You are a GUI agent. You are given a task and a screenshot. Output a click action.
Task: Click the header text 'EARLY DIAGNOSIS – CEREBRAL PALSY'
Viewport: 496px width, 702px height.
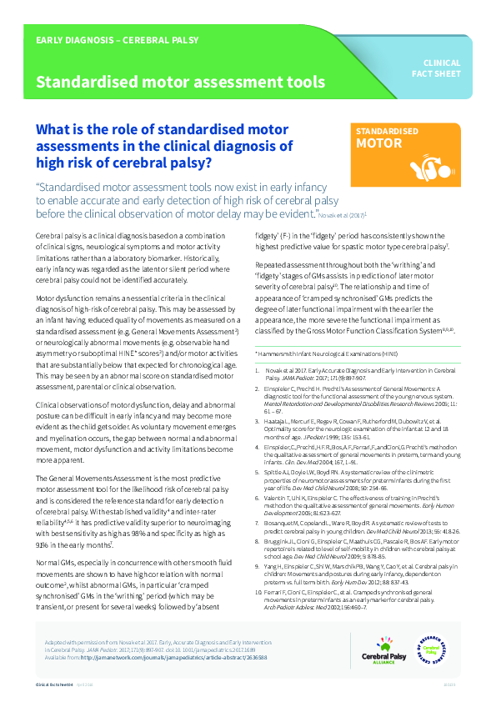coord(111,40)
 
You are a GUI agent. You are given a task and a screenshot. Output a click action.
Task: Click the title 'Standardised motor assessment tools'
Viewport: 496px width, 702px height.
coord(179,82)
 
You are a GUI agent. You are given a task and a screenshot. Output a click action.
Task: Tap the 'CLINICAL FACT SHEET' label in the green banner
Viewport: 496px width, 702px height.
coord(442,68)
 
